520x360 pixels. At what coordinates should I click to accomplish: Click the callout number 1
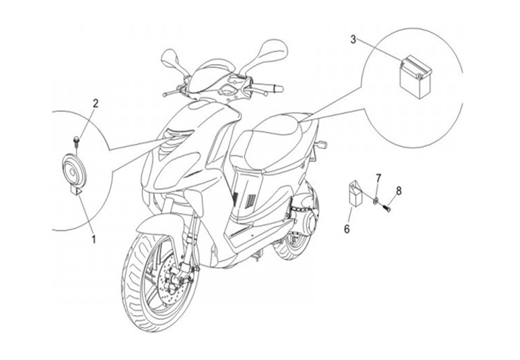[x=92, y=236]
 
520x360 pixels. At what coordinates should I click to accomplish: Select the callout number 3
[x=353, y=38]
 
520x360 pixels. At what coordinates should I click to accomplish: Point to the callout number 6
[x=347, y=230]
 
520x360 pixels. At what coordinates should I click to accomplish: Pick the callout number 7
[x=377, y=178]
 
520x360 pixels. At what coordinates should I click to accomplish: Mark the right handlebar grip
[x=277, y=88]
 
